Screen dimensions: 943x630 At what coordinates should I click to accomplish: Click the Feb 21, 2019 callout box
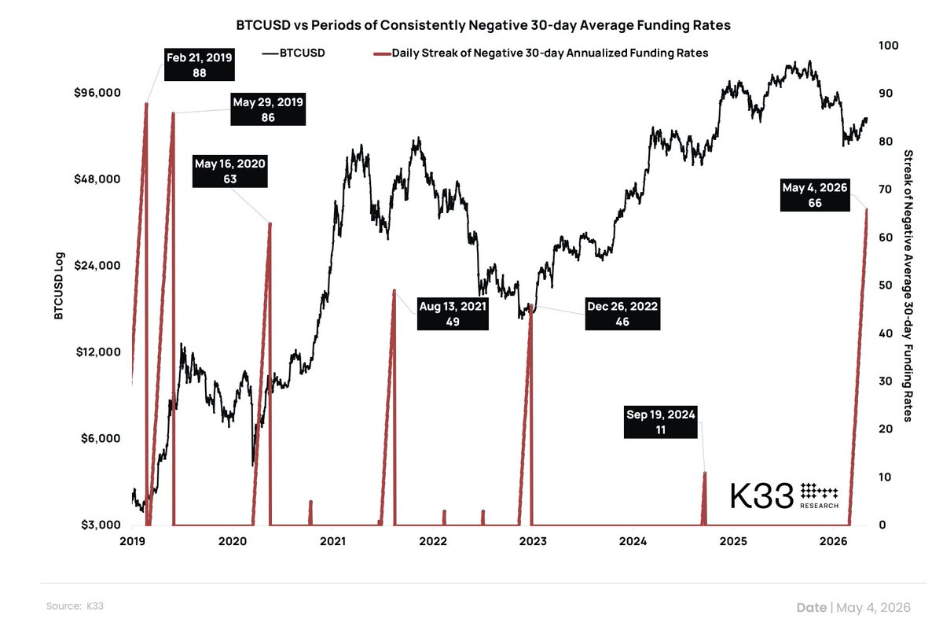click(x=199, y=64)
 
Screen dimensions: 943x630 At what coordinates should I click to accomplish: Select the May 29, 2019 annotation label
click(x=268, y=109)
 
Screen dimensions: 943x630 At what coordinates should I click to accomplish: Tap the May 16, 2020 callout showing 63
click(x=229, y=171)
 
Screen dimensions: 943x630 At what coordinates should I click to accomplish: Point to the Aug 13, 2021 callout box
click(x=453, y=314)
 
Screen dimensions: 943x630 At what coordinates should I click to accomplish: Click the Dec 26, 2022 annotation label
click(x=622, y=314)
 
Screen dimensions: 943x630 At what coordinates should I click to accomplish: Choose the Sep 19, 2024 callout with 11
click(x=660, y=422)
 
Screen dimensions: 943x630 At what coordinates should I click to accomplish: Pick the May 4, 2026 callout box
click(x=815, y=195)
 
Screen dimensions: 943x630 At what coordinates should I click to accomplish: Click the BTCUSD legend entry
click(x=293, y=53)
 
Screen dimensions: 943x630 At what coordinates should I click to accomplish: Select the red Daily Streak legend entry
click(x=541, y=53)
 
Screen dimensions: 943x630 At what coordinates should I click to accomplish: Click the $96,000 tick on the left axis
click(x=97, y=92)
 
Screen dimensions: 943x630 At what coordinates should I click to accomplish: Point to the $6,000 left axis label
click(x=101, y=438)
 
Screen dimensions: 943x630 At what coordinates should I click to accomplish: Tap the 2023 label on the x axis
click(x=533, y=541)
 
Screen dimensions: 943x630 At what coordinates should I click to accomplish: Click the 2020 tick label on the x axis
click(x=233, y=541)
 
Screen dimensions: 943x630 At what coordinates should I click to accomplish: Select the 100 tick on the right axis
click(x=888, y=45)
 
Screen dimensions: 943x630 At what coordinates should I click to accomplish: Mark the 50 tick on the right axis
click(x=886, y=286)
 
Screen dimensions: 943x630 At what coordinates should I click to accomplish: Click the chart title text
click(x=483, y=25)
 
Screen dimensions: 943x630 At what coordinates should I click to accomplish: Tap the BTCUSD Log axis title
click(x=59, y=286)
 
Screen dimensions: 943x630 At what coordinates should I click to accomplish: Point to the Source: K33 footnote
click(x=75, y=606)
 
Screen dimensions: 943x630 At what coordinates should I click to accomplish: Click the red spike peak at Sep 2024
click(x=705, y=473)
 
